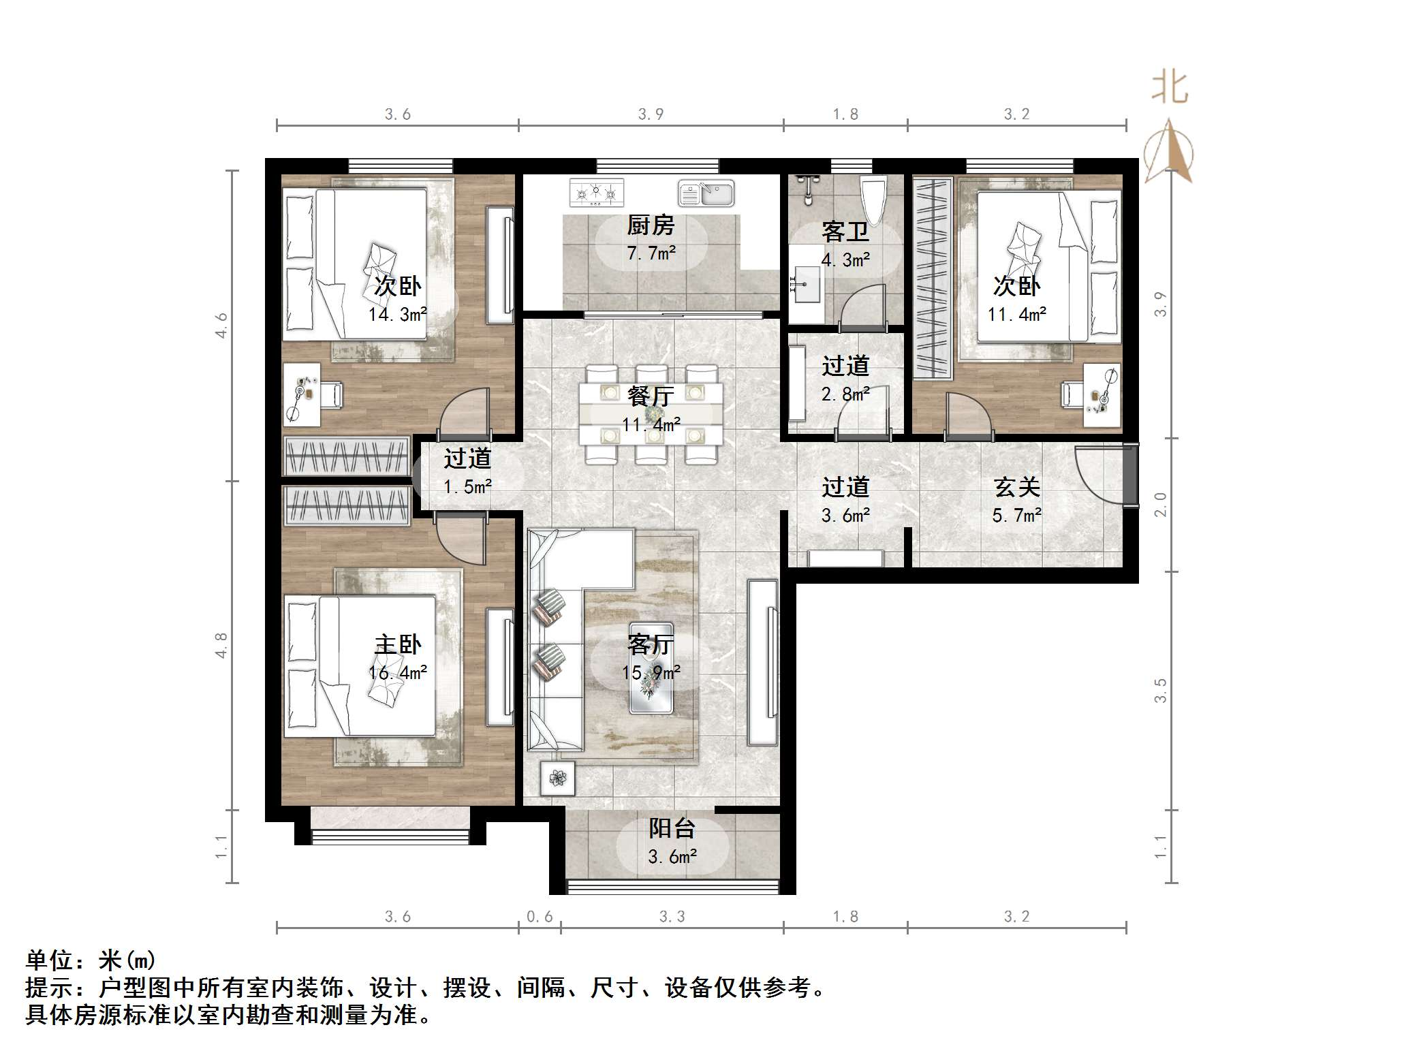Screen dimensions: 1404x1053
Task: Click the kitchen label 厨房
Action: (x=651, y=225)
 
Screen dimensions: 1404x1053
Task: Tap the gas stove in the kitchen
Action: (x=597, y=193)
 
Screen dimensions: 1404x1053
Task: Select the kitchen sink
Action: (x=706, y=193)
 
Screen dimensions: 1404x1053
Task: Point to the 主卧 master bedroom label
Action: (x=398, y=644)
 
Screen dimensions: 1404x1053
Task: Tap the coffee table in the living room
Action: (x=651, y=668)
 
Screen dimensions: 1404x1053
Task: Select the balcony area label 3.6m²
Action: (x=672, y=857)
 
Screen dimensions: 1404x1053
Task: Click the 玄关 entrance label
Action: (x=1016, y=487)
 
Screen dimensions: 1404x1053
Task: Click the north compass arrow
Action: (x=1169, y=151)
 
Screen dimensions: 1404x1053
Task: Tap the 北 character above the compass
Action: (x=1170, y=88)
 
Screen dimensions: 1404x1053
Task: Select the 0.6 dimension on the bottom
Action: (x=540, y=917)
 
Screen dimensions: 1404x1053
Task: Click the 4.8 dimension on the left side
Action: (x=221, y=645)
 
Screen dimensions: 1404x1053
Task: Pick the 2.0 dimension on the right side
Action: (x=1161, y=505)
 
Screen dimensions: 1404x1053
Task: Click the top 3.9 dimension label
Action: (x=651, y=114)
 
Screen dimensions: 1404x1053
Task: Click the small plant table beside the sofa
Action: (x=557, y=778)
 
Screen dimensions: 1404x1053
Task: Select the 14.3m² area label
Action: (x=398, y=315)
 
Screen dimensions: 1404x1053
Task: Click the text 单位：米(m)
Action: (x=91, y=960)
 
